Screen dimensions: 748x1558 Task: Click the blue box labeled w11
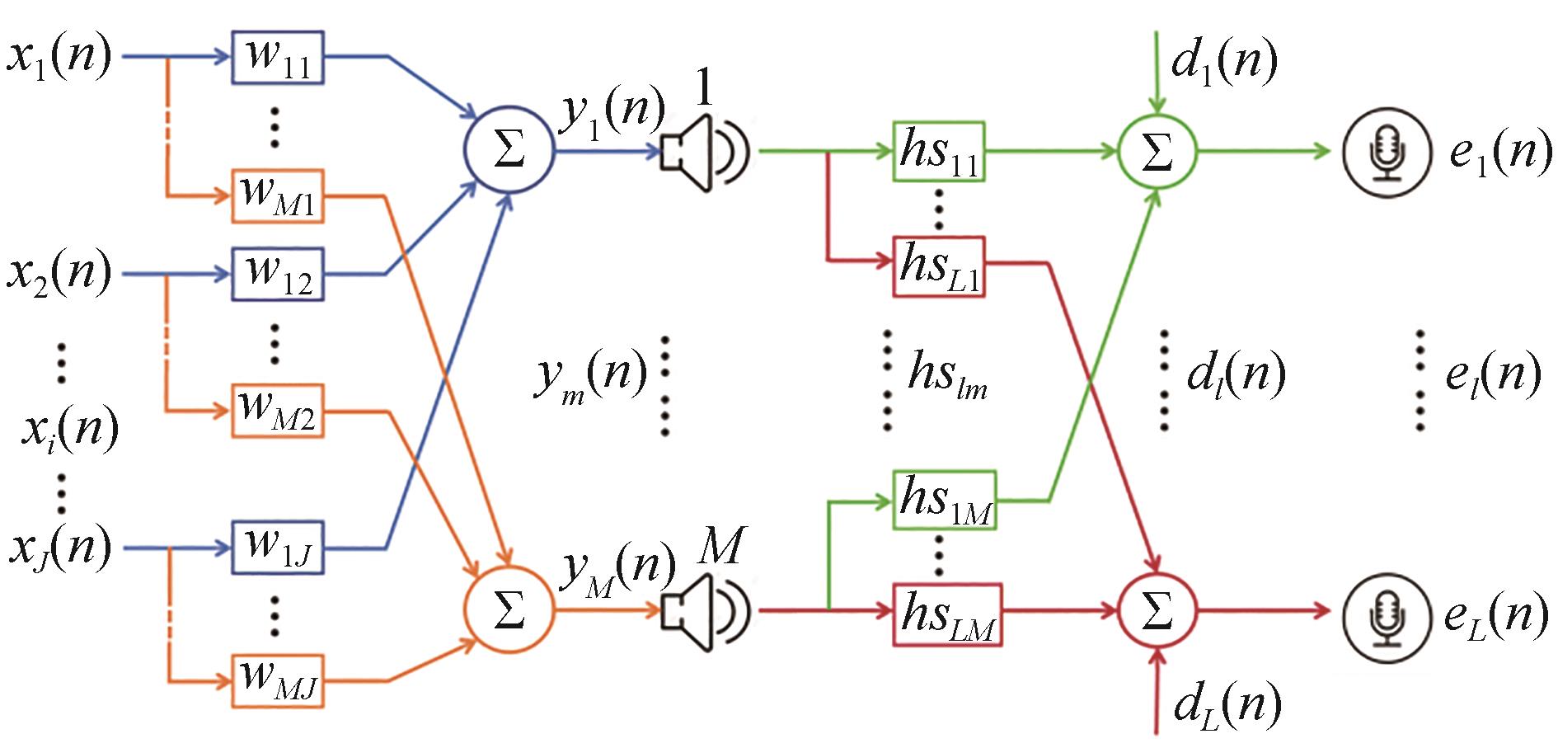click(x=278, y=58)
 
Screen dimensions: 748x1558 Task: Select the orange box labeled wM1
click(x=278, y=196)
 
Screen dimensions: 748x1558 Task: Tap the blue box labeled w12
click(x=278, y=274)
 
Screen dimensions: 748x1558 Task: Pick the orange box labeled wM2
click(x=278, y=411)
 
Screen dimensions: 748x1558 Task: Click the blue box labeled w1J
click(x=278, y=547)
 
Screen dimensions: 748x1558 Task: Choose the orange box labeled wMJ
click(x=278, y=681)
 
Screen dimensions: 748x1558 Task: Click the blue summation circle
click(x=509, y=150)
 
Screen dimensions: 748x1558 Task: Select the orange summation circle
click(x=509, y=609)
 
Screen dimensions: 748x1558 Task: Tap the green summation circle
click(x=1157, y=151)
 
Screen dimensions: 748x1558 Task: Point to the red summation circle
click(x=1157, y=610)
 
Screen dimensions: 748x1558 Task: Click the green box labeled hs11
click(x=939, y=152)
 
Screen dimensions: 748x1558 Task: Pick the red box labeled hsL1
click(x=939, y=266)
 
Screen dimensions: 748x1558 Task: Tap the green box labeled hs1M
click(x=945, y=500)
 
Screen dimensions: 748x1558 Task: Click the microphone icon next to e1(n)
click(x=1386, y=152)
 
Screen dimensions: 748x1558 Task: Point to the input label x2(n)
click(x=59, y=274)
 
